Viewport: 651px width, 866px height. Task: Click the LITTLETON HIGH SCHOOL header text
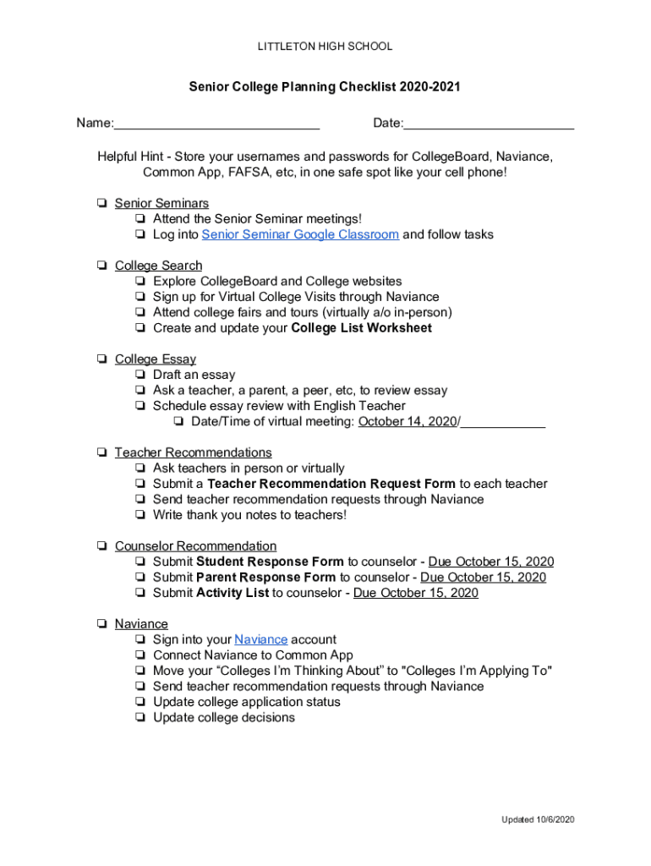point(325,47)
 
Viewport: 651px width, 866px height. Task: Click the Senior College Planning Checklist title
point(325,87)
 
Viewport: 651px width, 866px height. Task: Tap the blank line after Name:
point(216,124)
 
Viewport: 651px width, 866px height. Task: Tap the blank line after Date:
point(489,124)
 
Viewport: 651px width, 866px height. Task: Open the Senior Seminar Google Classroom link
point(300,234)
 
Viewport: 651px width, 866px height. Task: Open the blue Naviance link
point(260,639)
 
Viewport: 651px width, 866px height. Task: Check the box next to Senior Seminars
point(101,204)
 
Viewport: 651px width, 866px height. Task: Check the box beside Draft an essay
point(139,375)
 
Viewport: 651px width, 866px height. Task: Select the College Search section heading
point(158,266)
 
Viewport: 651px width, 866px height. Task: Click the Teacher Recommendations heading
point(193,452)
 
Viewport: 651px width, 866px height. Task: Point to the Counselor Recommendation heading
point(195,546)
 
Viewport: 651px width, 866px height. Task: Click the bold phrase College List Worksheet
point(361,328)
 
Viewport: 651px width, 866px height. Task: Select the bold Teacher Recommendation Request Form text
point(331,484)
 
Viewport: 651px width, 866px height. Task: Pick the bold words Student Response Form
point(270,562)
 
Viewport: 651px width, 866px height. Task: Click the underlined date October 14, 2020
point(408,421)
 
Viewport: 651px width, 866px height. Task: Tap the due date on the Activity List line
point(415,593)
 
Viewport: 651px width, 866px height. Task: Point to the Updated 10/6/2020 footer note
point(538,819)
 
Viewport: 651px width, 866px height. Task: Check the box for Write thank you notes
point(139,515)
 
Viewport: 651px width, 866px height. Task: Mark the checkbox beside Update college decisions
point(139,718)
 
